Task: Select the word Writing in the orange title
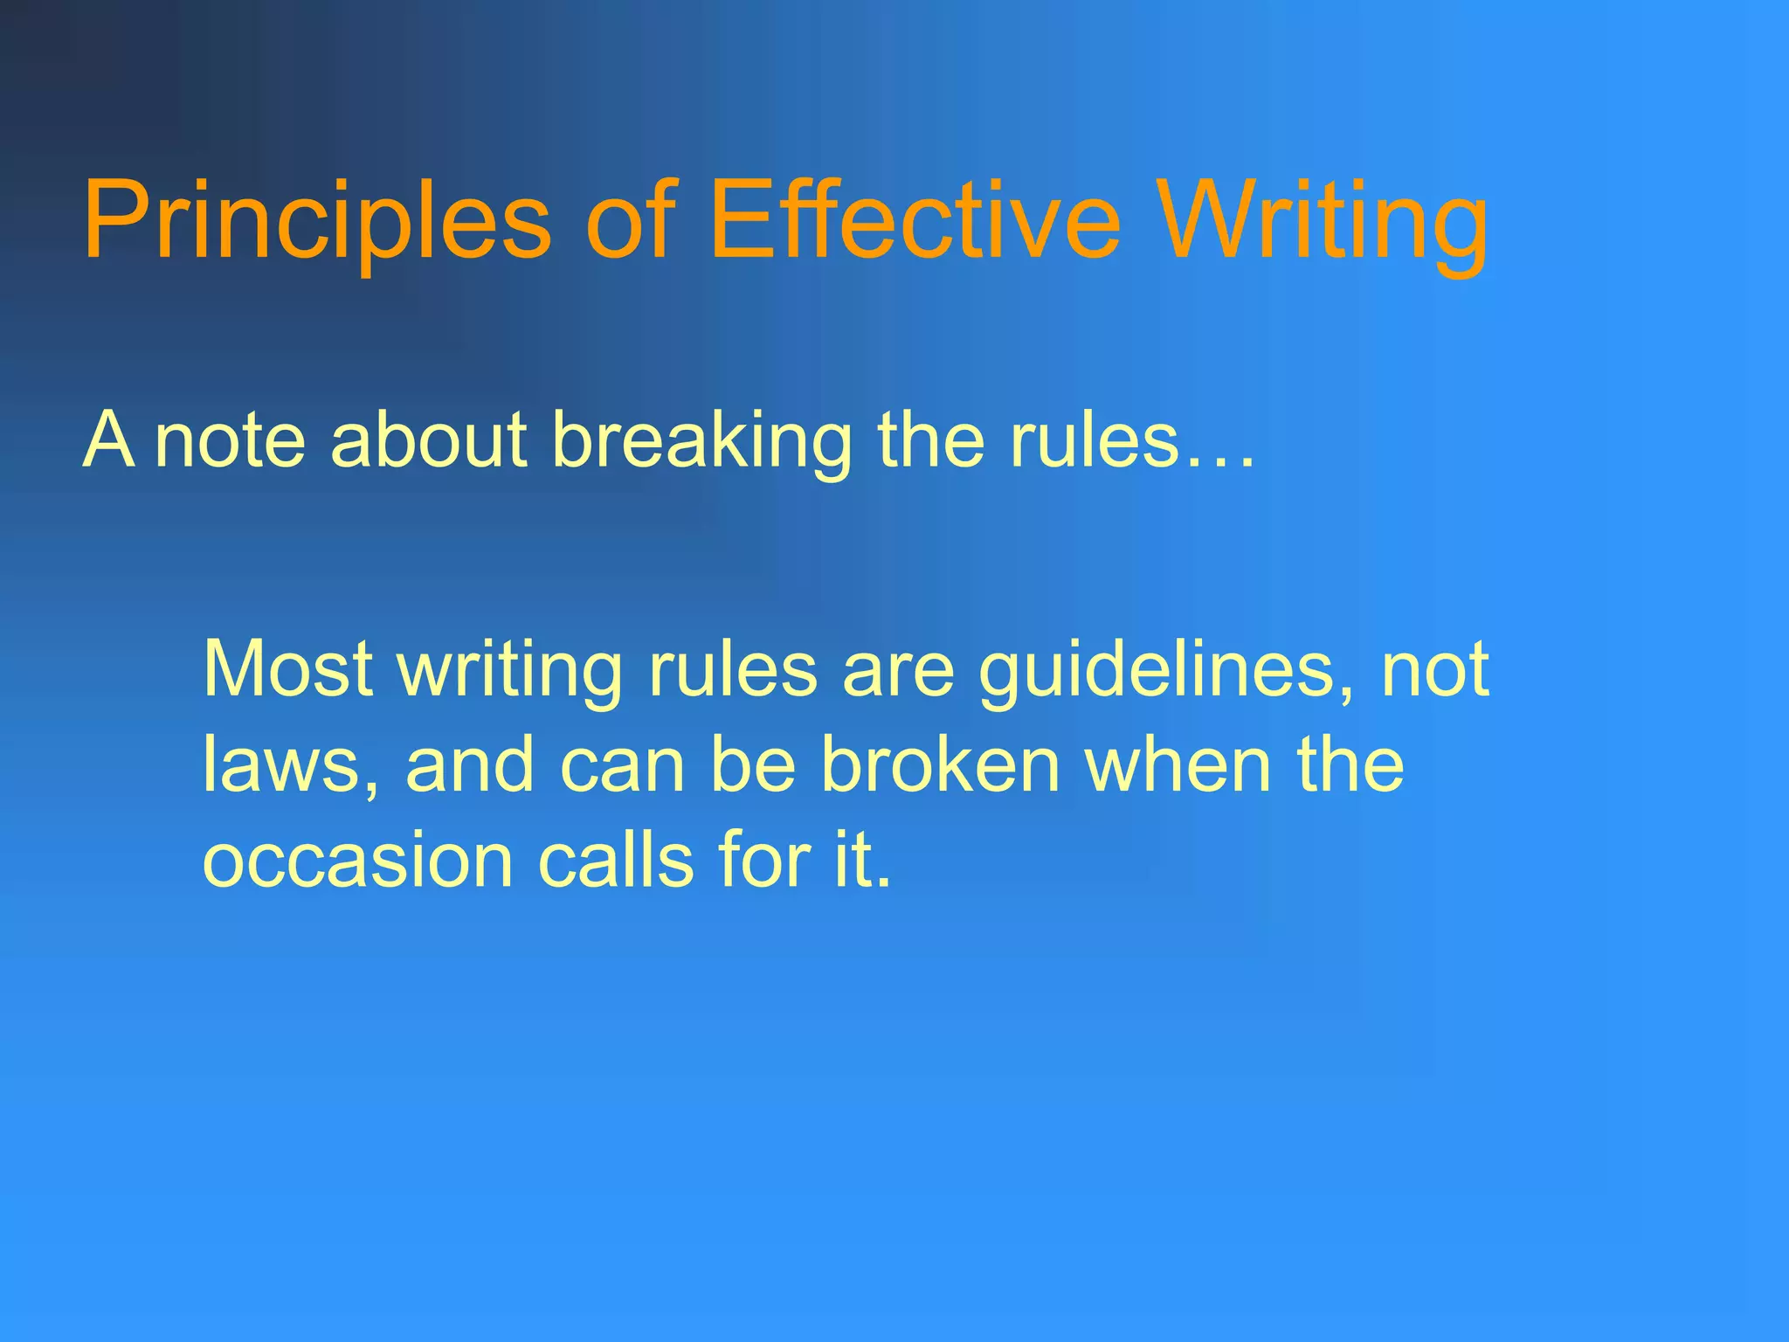1324,220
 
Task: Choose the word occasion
357,861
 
